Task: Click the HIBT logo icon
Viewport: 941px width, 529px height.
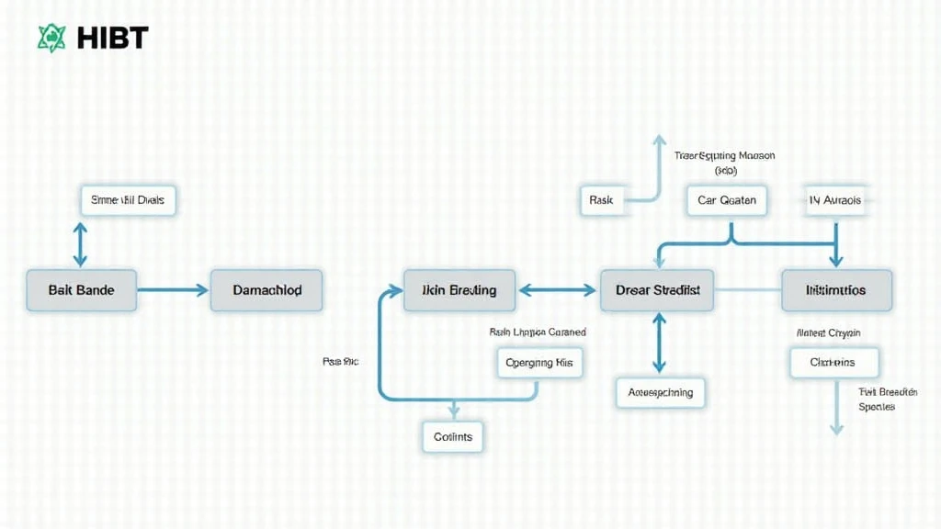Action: click(x=51, y=38)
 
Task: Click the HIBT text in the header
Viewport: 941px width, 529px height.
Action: click(x=113, y=38)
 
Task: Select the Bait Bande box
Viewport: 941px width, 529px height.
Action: click(x=82, y=290)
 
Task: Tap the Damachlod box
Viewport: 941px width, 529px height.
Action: click(x=266, y=290)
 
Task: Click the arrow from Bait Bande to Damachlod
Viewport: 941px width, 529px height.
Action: click(x=174, y=290)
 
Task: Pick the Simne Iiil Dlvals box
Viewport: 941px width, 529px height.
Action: click(x=129, y=200)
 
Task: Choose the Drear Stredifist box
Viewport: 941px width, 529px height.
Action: click(x=657, y=290)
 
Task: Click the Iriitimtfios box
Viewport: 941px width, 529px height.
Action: click(x=836, y=290)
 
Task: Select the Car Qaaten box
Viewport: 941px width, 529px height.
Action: click(x=726, y=200)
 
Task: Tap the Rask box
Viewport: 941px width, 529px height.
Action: click(x=601, y=200)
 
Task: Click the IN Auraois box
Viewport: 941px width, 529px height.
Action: click(x=836, y=200)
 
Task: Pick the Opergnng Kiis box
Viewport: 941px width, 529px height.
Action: click(x=539, y=363)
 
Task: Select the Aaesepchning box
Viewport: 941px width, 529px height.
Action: click(x=660, y=392)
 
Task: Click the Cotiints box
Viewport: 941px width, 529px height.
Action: click(x=452, y=436)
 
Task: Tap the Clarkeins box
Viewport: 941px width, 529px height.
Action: click(x=833, y=362)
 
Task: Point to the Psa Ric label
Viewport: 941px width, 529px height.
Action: click(x=340, y=362)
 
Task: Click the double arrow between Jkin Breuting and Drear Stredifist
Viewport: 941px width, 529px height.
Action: click(x=558, y=290)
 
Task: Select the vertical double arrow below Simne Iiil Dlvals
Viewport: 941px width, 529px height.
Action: click(x=81, y=243)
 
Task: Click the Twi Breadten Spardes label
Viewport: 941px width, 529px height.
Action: click(x=876, y=399)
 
